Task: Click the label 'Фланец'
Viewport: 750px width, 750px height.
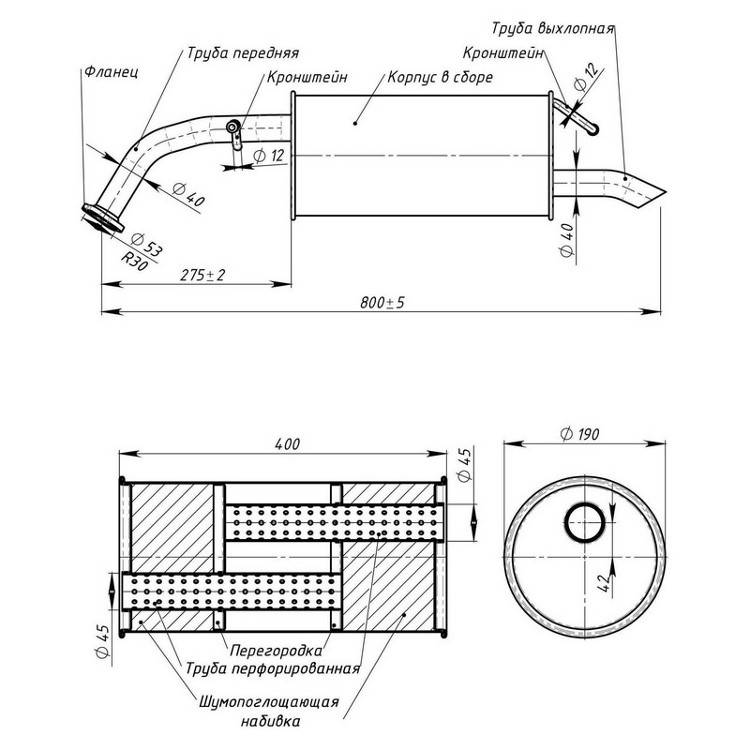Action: [111, 70]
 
